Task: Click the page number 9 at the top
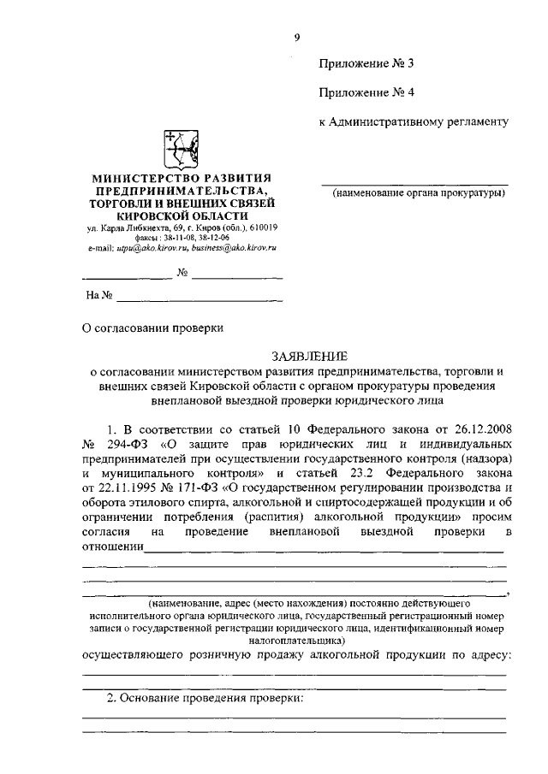296,36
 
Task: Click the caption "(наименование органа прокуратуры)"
419,192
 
